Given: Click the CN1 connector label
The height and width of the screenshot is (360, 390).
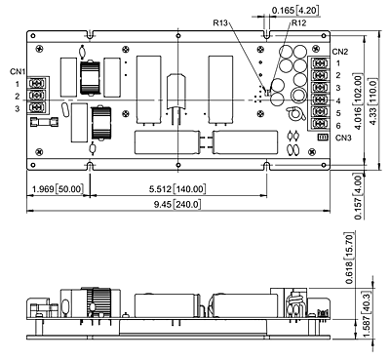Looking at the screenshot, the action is [x=18, y=71].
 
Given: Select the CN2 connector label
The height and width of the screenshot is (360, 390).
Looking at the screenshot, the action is [x=340, y=52].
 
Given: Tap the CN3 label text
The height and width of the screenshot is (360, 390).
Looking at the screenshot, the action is [x=343, y=138].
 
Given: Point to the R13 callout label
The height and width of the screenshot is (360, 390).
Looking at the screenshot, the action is [x=220, y=22].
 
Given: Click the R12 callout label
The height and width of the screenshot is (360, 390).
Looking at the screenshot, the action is [x=298, y=22].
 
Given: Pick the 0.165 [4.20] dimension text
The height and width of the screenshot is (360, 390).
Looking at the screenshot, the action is [x=295, y=10].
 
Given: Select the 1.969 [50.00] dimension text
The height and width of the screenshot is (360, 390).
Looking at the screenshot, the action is [x=58, y=188].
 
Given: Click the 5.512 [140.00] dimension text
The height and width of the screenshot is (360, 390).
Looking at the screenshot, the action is [x=177, y=188].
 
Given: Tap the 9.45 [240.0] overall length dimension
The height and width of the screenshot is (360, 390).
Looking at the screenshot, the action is [x=177, y=205].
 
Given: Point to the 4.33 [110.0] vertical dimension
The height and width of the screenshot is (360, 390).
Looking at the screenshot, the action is [x=372, y=101].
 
